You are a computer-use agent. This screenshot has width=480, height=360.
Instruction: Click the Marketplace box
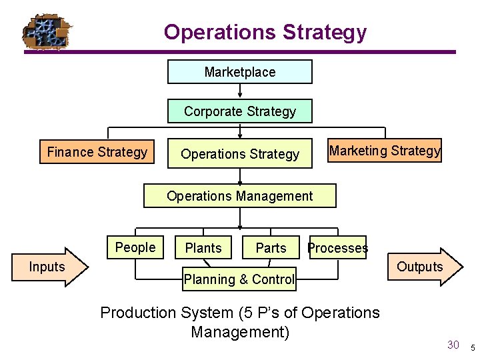240,72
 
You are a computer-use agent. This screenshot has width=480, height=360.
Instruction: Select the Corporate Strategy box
240,111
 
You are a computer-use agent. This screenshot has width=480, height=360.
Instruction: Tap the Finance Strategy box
97,152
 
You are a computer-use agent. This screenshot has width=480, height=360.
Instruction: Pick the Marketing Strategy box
385,151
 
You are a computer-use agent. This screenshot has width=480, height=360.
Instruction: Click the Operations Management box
240,196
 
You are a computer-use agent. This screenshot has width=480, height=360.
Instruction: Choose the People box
135,247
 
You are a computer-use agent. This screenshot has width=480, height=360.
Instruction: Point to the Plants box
203,248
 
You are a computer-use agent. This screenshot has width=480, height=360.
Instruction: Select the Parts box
271,248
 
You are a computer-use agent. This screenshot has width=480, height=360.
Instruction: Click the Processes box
337,248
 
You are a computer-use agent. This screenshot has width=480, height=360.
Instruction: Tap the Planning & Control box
239,279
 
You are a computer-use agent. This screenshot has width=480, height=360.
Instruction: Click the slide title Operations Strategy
265,32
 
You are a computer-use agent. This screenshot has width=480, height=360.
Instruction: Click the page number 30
453,345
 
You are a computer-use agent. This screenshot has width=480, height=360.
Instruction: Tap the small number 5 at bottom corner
472,347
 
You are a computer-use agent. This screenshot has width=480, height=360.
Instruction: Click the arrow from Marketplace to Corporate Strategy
240,91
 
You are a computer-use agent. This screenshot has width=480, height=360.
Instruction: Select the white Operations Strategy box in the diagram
240,154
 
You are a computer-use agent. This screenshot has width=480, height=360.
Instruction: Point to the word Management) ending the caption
240,331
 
